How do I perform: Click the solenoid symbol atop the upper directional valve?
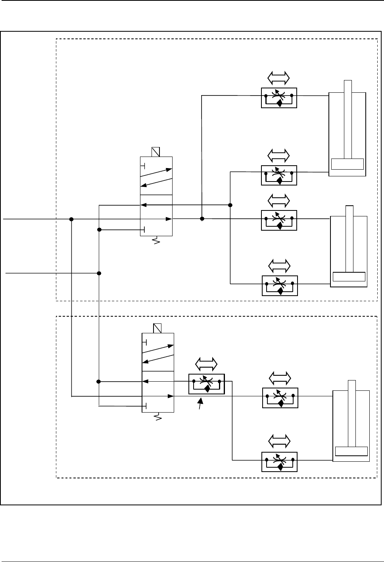pos(156,152)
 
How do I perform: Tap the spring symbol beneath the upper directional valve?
pos(156,240)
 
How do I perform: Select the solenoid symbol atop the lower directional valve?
pos(157,328)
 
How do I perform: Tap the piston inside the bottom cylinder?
pos(351,451)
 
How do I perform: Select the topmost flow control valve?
pos(279,97)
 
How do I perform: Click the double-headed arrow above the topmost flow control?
pos(278,78)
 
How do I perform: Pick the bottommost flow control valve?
pos(280,461)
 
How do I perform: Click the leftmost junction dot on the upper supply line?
pos(71,219)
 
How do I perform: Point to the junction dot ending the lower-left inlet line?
pos(99,273)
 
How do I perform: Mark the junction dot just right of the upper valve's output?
pos(202,219)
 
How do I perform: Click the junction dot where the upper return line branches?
pos(230,205)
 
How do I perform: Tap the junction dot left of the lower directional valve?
pos(99,382)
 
